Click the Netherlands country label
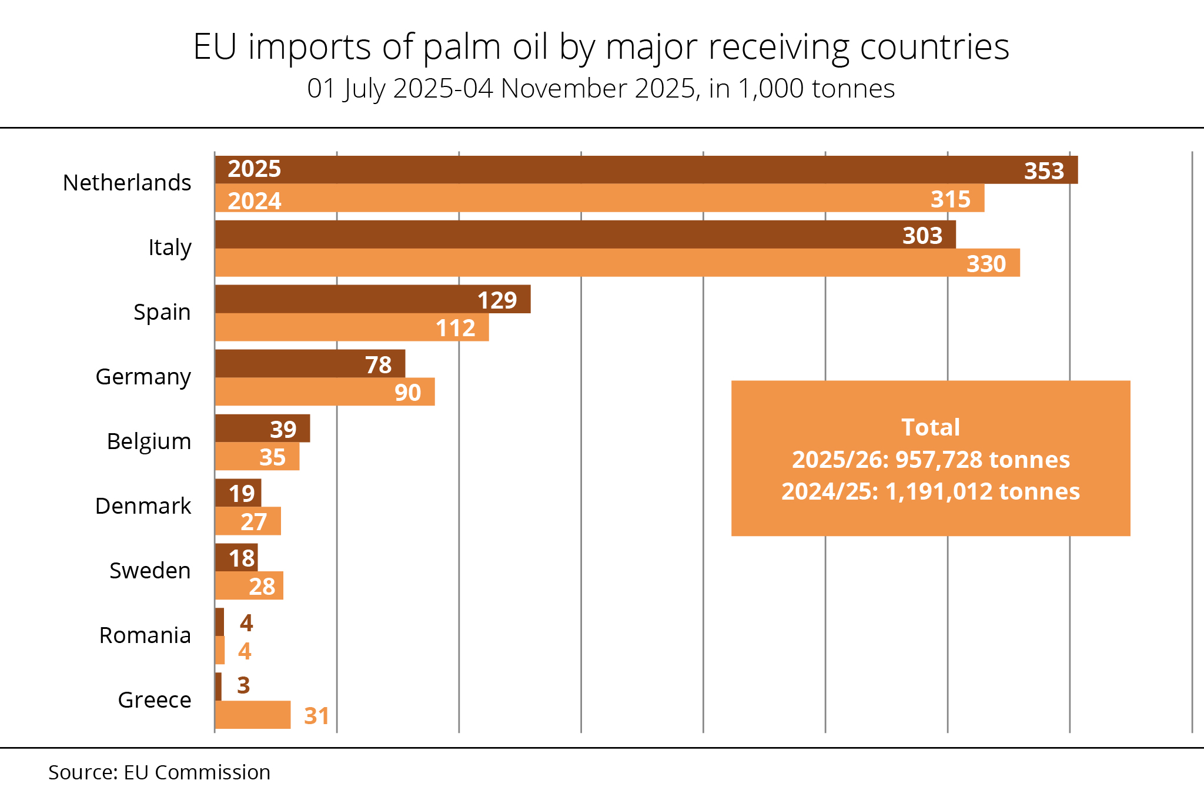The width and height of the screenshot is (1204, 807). click(x=127, y=183)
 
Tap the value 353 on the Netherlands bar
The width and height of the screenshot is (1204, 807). click(x=1044, y=171)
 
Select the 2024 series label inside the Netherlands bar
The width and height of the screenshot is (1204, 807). click(x=255, y=201)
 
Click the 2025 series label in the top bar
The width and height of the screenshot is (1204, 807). click(x=255, y=169)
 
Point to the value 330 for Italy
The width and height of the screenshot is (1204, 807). click(x=986, y=264)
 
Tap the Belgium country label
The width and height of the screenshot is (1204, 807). click(x=149, y=441)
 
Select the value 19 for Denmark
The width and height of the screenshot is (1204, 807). click(x=242, y=494)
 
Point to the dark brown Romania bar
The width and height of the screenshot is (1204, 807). click(x=219, y=622)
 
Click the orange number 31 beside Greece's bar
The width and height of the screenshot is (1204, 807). click(x=316, y=716)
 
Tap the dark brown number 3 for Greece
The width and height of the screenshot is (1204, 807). click(x=243, y=685)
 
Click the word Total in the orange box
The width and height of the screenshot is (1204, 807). click(x=931, y=427)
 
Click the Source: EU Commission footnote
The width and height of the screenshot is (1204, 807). click(x=159, y=772)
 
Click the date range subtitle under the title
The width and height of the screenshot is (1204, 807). click(x=601, y=89)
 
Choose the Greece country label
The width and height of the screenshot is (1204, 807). click(x=155, y=700)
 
